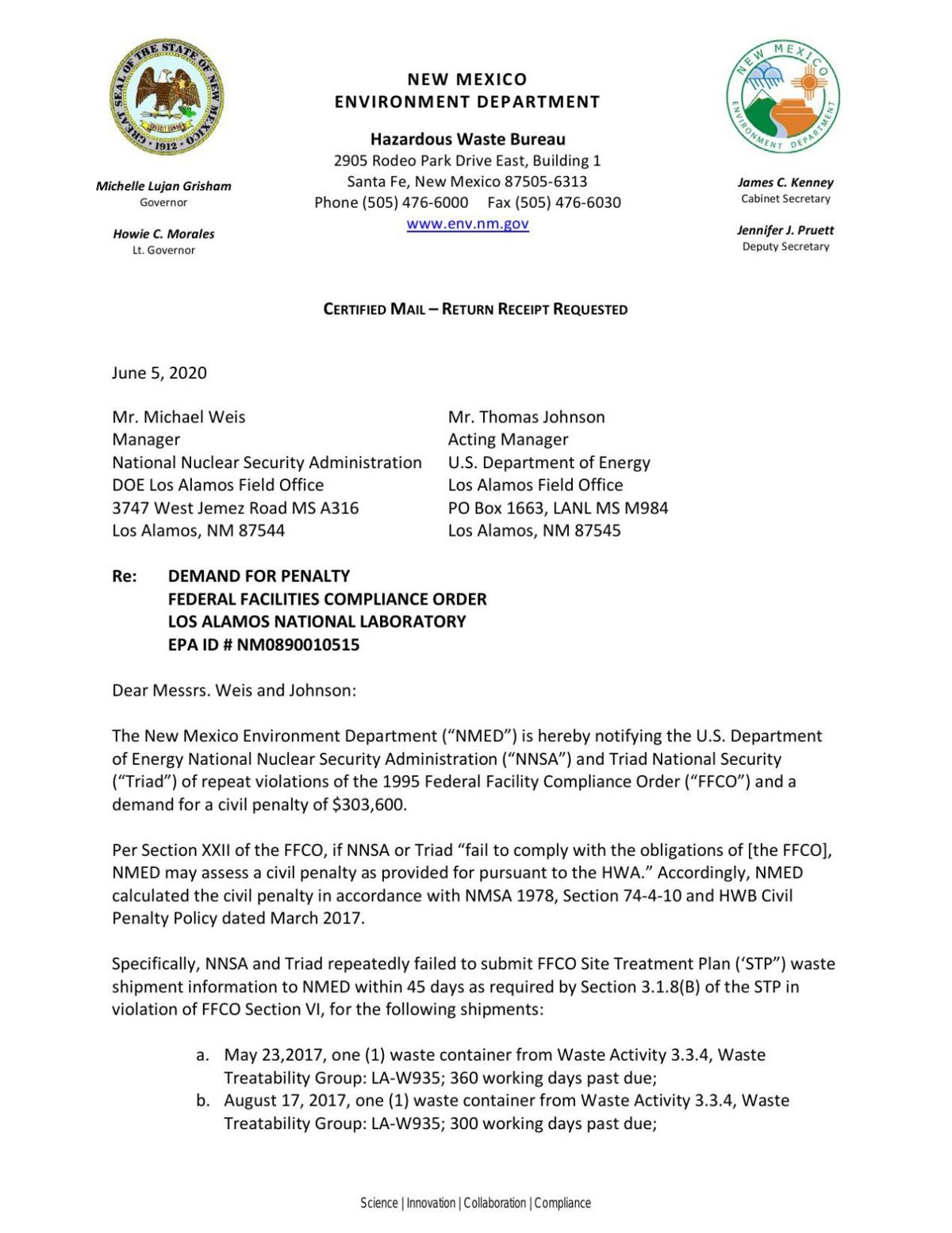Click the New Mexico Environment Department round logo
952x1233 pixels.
click(783, 97)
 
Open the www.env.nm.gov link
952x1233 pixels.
click(467, 224)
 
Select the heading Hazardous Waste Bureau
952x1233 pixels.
click(467, 139)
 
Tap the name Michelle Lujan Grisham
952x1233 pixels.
click(163, 186)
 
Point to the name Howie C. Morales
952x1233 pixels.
click(163, 234)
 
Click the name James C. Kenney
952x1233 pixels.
click(785, 182)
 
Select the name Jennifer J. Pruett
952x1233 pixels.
click(785, 230)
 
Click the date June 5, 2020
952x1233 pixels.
click(159, 373)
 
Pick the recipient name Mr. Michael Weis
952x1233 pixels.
click(178, 417)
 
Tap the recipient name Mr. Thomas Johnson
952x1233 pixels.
click(526, 417)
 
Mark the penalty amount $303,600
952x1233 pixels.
click(369, 805)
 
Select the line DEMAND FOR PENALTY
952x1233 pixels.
click(259, 576)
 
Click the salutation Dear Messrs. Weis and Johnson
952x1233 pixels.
click(234, 690)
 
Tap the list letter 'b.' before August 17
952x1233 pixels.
click(203, 1100)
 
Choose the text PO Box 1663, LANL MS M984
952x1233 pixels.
click(558, 508)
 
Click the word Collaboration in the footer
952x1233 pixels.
click(494, 1203)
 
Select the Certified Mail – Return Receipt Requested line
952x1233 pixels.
click(475, 309)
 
